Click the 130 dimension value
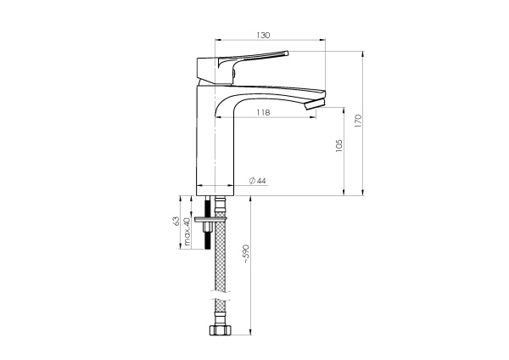pyautogui.click(x=263, y=35)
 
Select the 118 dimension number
pyautogui.click(x=263, y=112)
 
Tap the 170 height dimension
pyautogui.click(x=358, y=121)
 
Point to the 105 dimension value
pyautogui.click(x=338, y=146)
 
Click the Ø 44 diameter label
pyautogui.click(x=257, y=181)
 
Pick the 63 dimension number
pyautogui.click(x=176, y=221)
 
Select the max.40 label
pyautogui.click(x=187, y=231)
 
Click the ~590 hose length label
pyautogui.click(x=246, y=253)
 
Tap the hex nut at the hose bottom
pyautogui.click(x=221, y=330)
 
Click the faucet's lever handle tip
pyautogui.click(x=287, y=53)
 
